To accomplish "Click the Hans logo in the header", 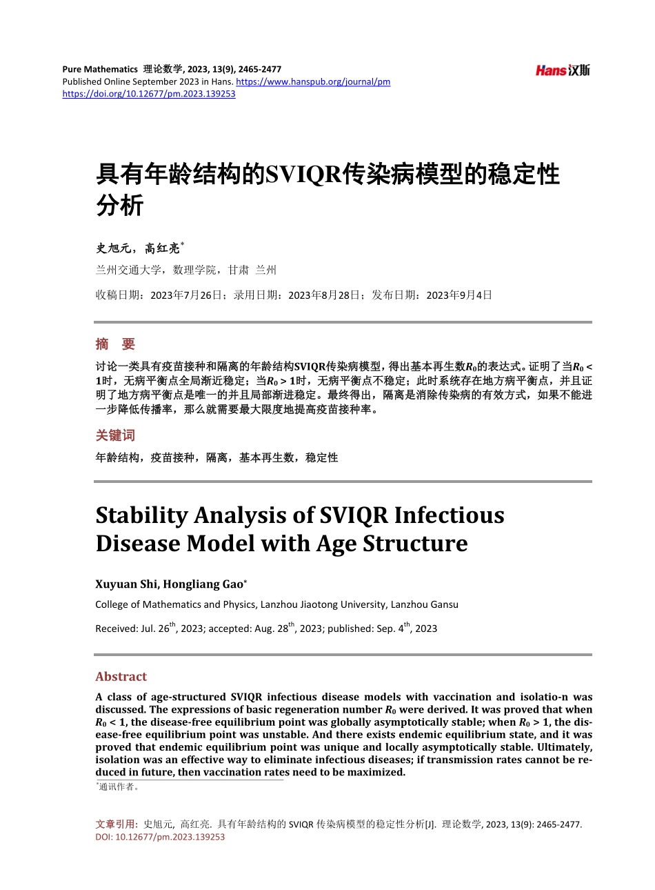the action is tap(563, 70).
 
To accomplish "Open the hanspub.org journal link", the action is tap(313, 81).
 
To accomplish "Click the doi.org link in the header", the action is tap(149, 94).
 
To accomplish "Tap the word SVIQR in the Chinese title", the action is tap(303, 175).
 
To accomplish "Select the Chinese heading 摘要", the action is tap(115, 344).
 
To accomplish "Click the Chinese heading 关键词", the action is tap(115, 435).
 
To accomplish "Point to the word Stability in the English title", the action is tap(142, 515).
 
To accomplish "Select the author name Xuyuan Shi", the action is tap(126, 584).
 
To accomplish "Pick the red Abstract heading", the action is tap(121, 677).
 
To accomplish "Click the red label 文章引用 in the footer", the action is tap(115, 824).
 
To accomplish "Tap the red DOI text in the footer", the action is tap(160, 837).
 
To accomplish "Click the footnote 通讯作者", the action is tap(119, 787).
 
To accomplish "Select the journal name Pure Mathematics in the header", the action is tap(100, 69).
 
